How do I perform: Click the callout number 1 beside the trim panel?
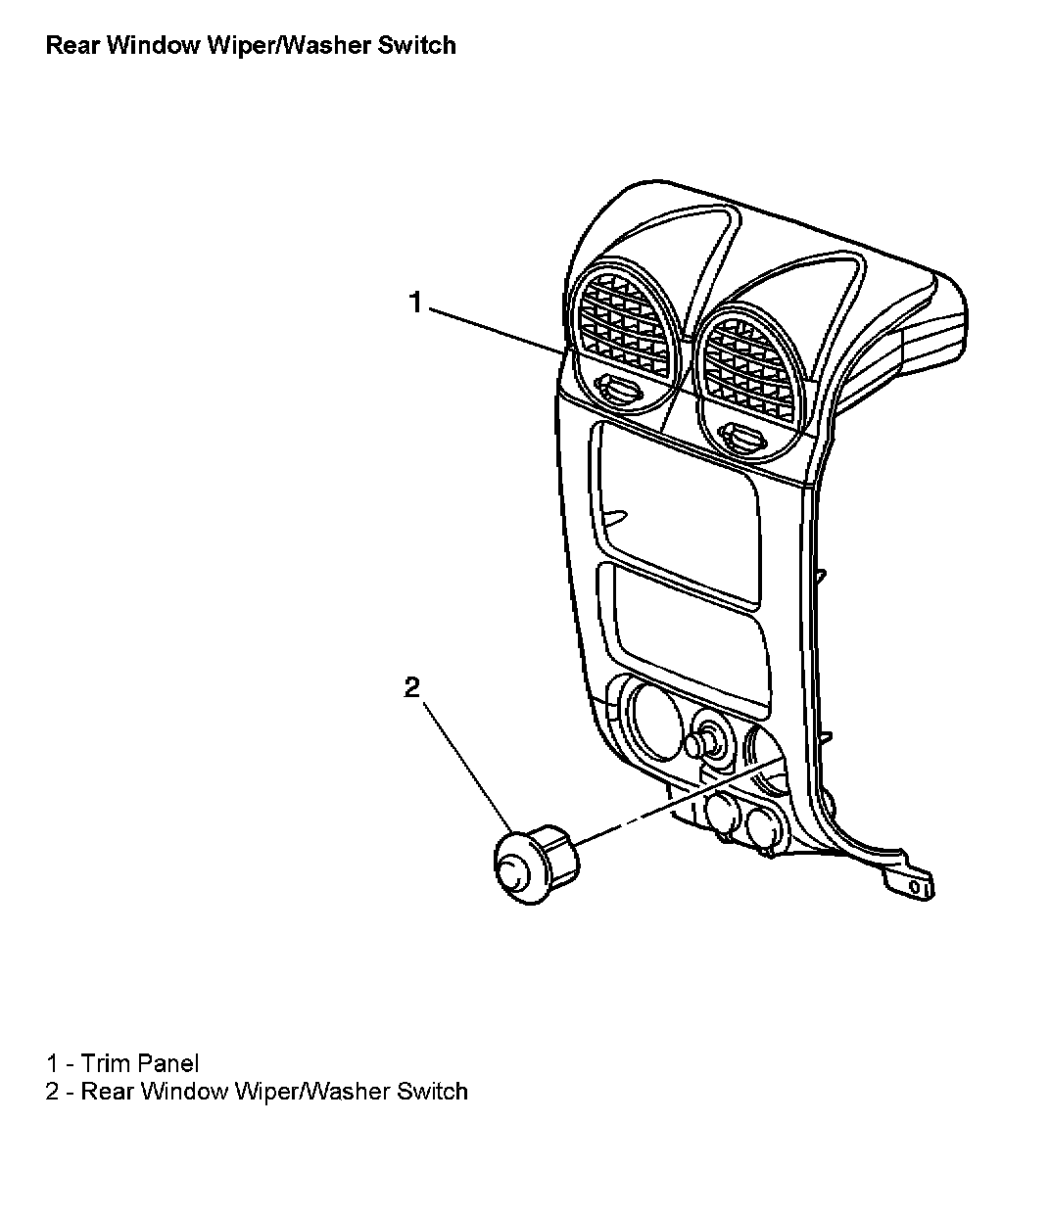tap(415, 304)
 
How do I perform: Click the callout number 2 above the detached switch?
tap(412, 687)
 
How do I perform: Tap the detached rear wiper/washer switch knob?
tap(533, 864)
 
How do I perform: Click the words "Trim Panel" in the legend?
tap(140, 1062)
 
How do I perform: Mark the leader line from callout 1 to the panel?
tap(492, 330)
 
